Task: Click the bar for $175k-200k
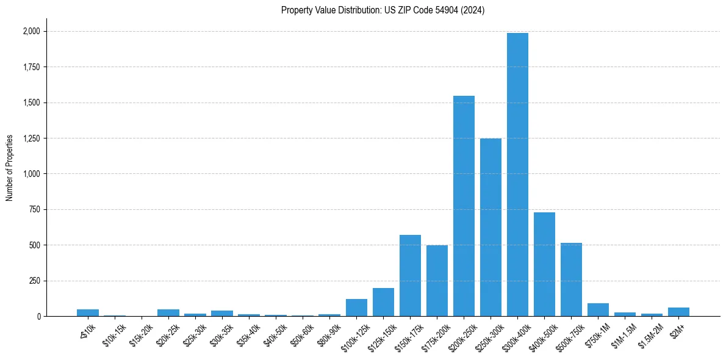(437, 281)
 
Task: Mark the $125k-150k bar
(383, 302)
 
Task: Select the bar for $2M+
(678, 312)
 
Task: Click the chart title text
(383, 10)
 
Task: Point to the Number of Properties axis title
(10, 168)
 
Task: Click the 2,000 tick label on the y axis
(30, 31)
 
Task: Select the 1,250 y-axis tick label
(30, 139)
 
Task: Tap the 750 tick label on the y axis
(34, 209)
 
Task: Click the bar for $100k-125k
(356, 308)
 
